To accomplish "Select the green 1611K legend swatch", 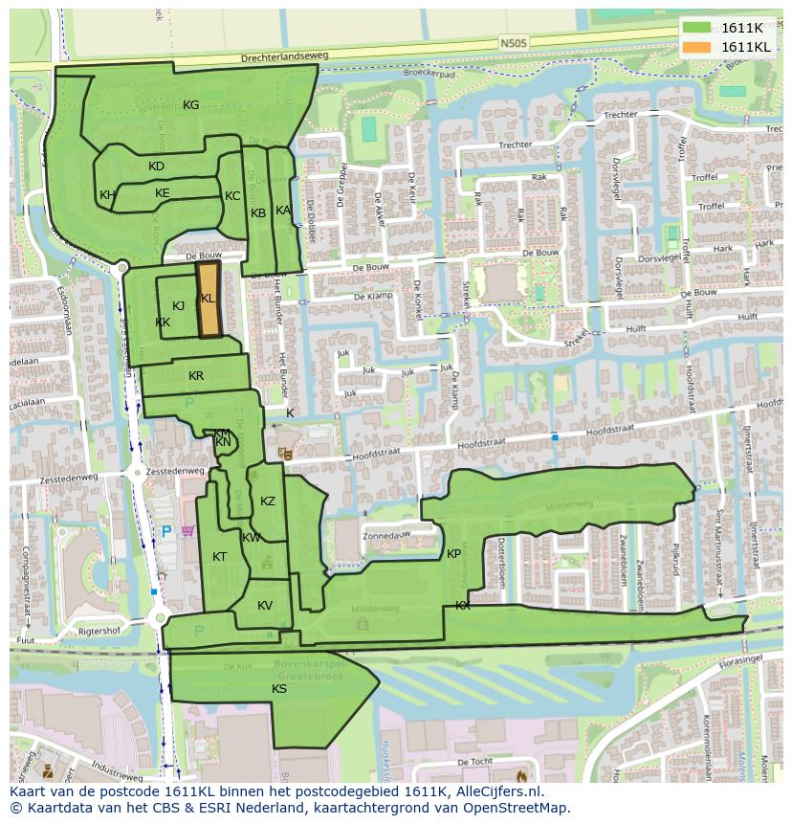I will tap(697, 27).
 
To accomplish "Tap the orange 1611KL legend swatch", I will tap(697, 46).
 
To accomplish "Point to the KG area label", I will tap(190, 105).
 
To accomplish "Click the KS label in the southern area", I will tap(279, 688).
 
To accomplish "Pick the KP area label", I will tap(453, 554).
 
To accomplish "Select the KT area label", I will tap(220, 557).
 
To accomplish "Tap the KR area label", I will tap(196, 376).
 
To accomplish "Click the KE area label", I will tap(163, 193).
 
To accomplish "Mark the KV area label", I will tap(265, 605).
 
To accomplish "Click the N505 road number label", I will tap(513, 43).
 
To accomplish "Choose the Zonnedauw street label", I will tap(385, 535).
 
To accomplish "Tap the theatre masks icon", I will tap(284, 452).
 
